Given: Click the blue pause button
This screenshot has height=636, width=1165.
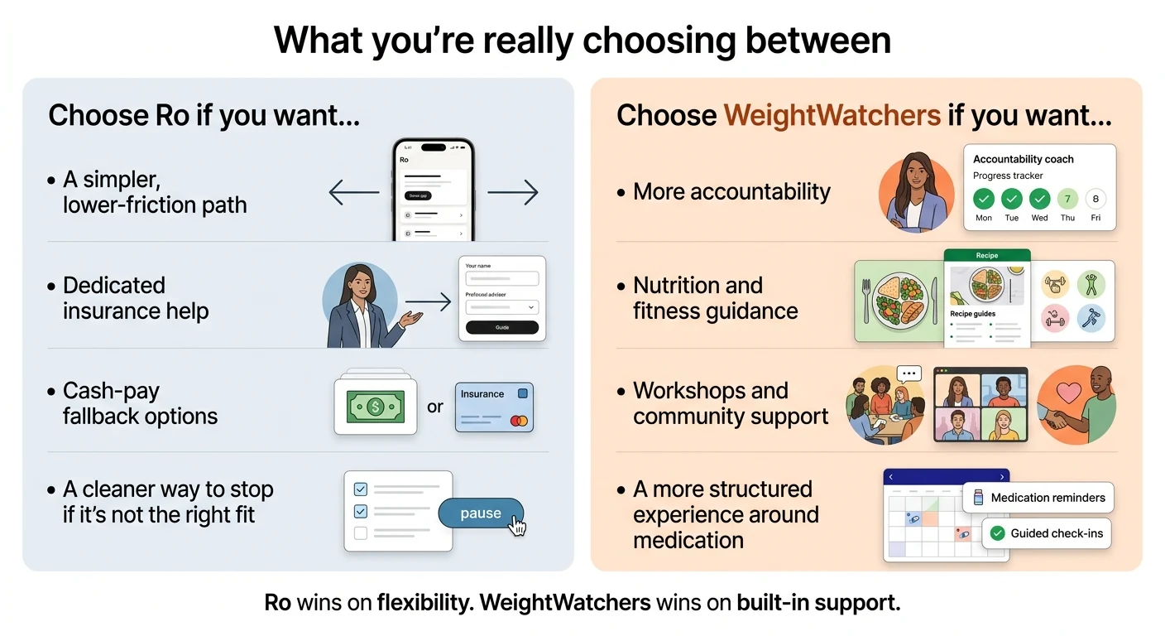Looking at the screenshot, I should [x=481, y=513].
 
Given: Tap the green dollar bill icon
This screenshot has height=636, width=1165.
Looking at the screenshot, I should [x=376, y=407].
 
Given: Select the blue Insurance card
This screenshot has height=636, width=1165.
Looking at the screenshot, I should [x=494, y=407].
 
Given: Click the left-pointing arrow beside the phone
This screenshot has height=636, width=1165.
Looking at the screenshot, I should [x=353, y=193].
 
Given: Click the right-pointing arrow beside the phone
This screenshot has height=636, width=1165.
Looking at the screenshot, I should [x=512, y=193].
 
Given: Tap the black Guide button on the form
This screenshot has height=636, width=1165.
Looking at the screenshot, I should [x=502, y=327].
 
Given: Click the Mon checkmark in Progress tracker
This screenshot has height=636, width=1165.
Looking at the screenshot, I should [x=983, y=200].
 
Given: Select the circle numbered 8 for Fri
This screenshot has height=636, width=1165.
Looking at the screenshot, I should [x=1095, y=200].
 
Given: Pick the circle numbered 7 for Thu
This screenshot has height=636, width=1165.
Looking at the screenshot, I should [x=1067, y=200].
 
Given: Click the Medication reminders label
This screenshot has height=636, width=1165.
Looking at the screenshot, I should [x=1048, y=498].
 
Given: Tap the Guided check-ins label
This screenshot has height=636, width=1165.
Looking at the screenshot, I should [x=1057, y=533].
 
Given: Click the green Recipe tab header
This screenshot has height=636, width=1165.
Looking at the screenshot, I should [x=987, y=255].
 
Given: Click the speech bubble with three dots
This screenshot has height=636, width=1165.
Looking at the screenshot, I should [x=909, y=374].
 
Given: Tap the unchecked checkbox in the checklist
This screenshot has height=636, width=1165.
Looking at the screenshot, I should [x=360, y=533].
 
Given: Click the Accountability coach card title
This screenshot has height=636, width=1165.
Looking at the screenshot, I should [x=1023, y=159].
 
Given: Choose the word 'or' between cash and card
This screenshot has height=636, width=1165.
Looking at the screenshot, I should [x=435, y=407].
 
